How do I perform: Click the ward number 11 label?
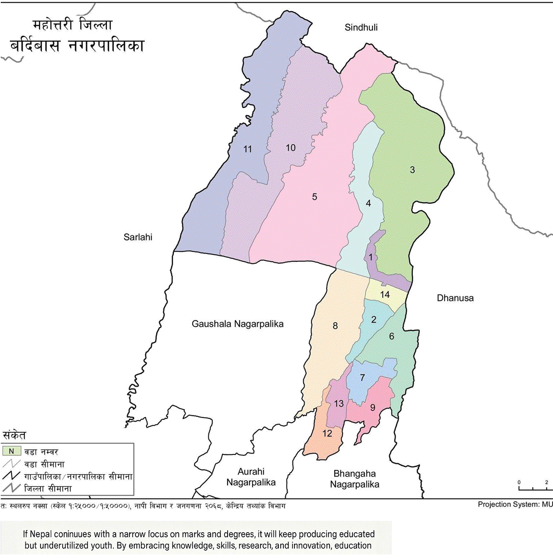(248, 149)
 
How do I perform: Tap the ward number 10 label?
(290, 147)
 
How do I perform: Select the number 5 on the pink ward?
(314, 197)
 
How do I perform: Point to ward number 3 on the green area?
(412, 170)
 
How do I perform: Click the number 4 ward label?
(368, 203)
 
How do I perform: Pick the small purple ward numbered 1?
(371, 258)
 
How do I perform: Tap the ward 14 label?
(385, 294)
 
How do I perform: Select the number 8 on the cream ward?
(335, 326)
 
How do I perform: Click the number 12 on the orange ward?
(327, 433)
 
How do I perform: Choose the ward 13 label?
(339, 404)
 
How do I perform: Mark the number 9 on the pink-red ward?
(372, 407)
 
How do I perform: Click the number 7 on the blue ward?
(362, 378)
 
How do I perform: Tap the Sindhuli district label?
(361, 28)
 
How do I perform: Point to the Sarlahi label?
(138, 237)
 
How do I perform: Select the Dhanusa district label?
(455, 298)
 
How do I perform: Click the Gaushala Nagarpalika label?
(237, 324)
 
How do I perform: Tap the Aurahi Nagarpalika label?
(251, 477)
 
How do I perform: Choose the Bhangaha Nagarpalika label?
(354, 479)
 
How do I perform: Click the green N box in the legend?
(12, 451)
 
